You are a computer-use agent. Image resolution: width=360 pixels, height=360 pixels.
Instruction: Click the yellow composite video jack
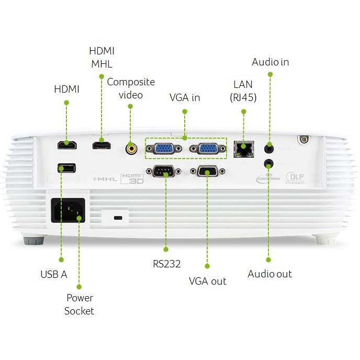click(x=131, y=149)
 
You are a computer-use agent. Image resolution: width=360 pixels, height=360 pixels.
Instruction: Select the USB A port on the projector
click(x=66, y=168)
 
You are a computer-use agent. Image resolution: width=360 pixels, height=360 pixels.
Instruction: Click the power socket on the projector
click(x=68, y=211)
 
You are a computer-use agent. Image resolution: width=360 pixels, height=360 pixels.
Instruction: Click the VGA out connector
click(x=207, y=171)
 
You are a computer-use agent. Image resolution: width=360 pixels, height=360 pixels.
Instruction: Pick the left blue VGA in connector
click(x=164, y=149)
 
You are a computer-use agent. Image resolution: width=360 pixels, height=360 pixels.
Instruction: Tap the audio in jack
click(x=269, y=145)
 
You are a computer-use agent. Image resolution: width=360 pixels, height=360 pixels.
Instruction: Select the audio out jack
click(x=269, y=164)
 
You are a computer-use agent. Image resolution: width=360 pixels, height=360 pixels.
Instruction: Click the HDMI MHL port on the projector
click(x=101, y=145)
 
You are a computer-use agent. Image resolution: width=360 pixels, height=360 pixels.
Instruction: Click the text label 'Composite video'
click(x=131, y=88)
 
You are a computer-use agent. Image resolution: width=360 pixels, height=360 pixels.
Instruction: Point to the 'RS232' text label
click(x=166, y=264)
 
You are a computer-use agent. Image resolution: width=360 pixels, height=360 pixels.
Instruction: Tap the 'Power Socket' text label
click(x=79, y=305)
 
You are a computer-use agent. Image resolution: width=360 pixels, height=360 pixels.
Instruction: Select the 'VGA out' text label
click(x=207, y=281)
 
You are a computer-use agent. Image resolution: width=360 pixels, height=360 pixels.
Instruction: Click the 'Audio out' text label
click(x=269, y=274)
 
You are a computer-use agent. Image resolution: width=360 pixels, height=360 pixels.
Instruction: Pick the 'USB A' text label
click(x=53, y=274)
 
